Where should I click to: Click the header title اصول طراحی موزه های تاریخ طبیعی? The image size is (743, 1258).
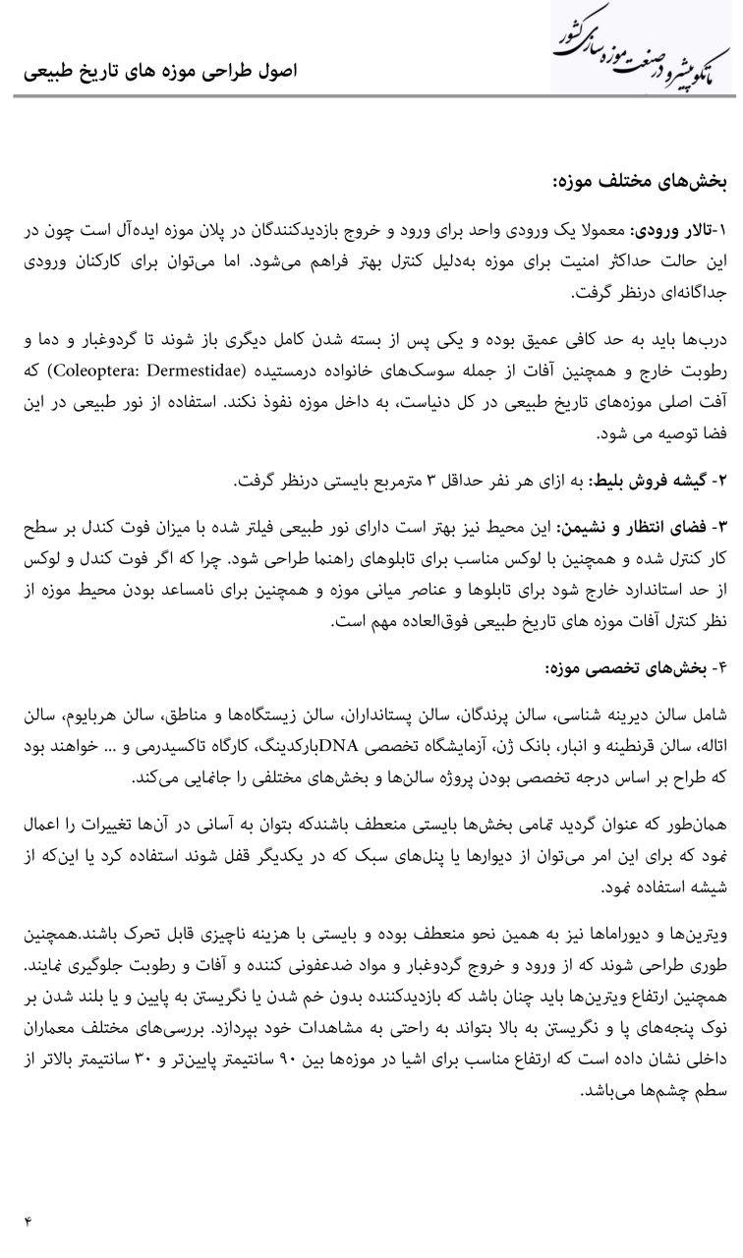coord(159,73)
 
